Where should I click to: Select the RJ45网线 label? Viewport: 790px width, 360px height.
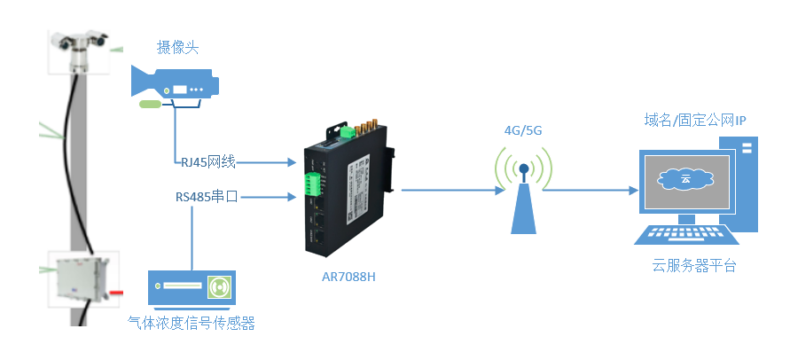click(x=207, y=161)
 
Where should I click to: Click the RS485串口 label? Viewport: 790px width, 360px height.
click(x=206, y=197)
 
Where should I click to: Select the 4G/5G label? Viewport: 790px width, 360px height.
click(x=522, y=131)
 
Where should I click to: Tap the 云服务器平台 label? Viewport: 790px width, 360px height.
click(x=694, y=266)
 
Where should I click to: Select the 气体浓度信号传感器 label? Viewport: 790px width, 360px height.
click(x=192, y=324)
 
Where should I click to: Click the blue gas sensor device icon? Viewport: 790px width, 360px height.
click(x=191, y=287)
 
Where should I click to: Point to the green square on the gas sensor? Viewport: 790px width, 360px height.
click(x=218, y=287)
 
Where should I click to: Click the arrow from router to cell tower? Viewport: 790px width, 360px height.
click(x=448, y=190)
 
